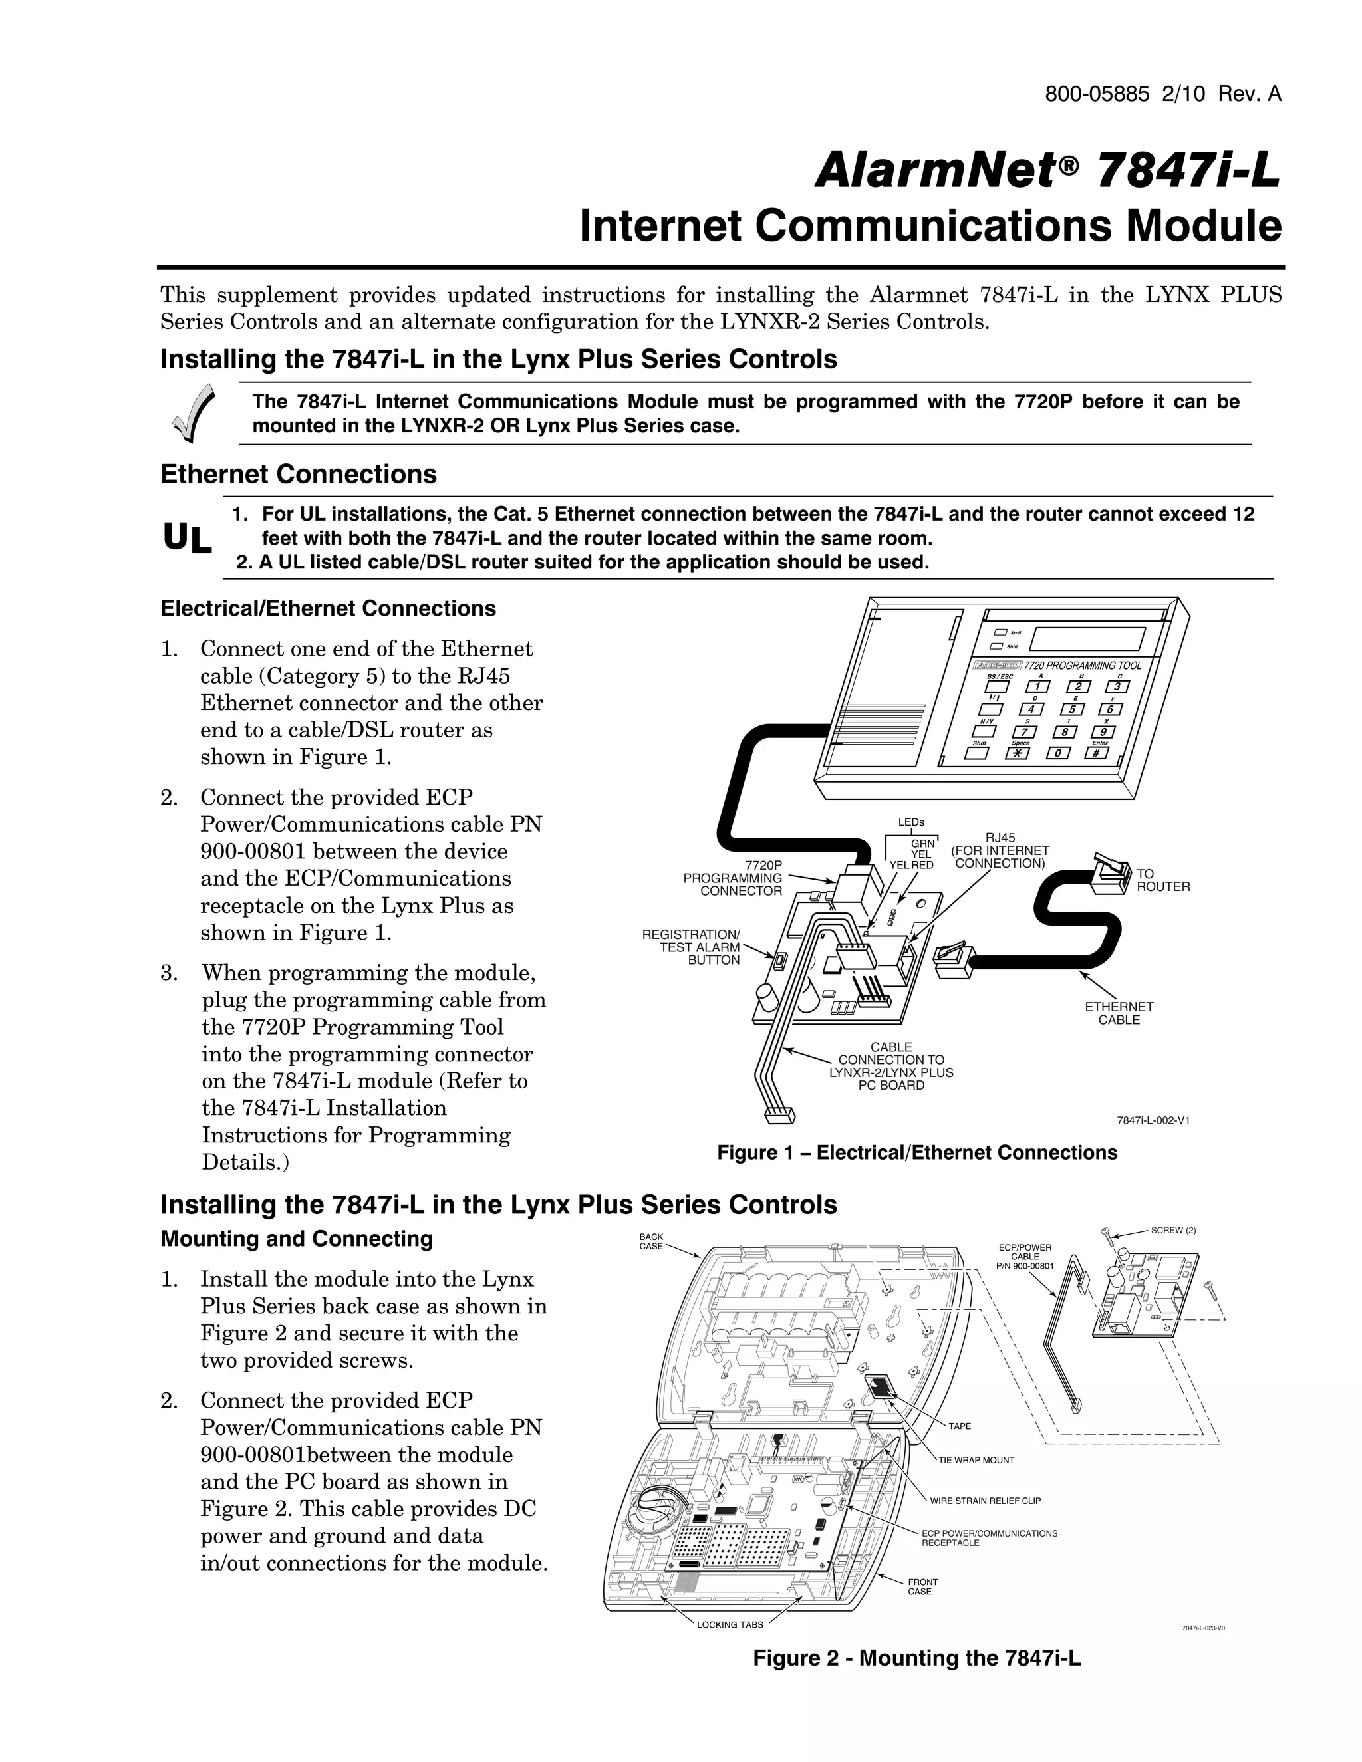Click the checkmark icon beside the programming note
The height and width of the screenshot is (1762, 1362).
(194, 413)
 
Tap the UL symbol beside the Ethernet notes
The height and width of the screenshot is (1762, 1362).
(187, 538)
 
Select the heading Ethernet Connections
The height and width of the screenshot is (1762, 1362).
(299, 474)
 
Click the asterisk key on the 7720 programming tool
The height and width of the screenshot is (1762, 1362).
(1018, 753)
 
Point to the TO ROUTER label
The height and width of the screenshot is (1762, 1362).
(1162, 880)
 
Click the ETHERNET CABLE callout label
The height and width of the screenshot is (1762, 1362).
(1119, 1013)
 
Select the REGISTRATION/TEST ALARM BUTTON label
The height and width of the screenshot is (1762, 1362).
(692, 947)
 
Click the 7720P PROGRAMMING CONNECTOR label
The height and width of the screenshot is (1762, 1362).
(733, 878)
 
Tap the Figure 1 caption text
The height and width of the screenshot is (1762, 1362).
(916, 1153)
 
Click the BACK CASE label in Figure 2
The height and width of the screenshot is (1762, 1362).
(650, 1241)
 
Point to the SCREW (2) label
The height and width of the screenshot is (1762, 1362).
(1172, 1230)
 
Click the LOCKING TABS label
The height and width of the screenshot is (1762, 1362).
(730, 1625)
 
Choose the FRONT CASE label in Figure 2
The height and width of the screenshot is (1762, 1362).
(922, 1587)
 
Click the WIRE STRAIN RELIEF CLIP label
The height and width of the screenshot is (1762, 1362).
(984, 1501)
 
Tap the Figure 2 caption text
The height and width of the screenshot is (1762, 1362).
(916, 1658)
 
